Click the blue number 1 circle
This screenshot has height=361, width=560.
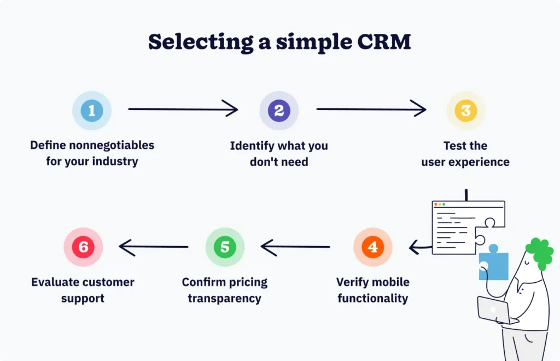pos(92,110)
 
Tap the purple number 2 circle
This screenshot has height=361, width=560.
pos(279,110)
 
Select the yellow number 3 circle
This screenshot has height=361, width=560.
pos(465,110)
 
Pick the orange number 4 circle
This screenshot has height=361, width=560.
pos(372,247)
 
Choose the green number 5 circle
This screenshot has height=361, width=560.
pos(225,247)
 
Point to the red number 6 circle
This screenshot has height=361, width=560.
pos(83,247)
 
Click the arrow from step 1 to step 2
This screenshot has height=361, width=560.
pos(183,109)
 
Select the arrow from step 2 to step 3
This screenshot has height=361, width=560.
pos(371,109)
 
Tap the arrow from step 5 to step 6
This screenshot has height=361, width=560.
pos(154,247)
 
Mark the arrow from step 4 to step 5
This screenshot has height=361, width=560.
pos(296,247)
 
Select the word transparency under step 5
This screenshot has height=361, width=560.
pos(225,299)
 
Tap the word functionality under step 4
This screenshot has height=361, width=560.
pos(372,299)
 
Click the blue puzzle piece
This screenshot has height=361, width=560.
pos(493,265)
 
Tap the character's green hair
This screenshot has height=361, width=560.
pos(540,253)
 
